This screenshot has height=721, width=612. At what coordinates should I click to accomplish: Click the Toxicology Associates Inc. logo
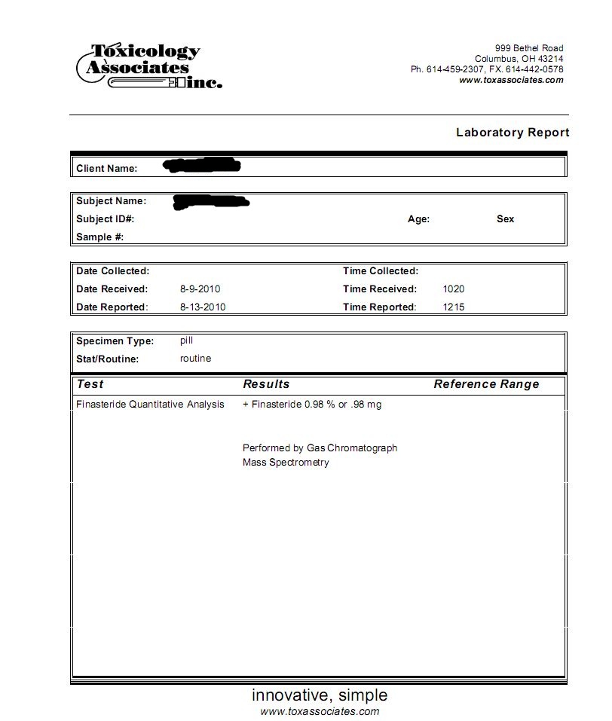tap(149, 66)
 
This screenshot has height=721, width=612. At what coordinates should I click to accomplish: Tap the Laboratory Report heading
tap(512, 133)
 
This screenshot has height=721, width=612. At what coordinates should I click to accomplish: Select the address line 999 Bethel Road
tap(528, 48)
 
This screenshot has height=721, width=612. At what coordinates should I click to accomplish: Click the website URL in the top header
tap(511, 80)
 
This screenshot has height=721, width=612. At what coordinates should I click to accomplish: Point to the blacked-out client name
tap(201, 164)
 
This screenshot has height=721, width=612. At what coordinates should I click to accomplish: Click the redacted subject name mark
tap(211, 201)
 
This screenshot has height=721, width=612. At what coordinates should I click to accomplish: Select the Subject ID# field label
tap(105, 219)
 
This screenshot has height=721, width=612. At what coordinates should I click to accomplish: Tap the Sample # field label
tap(99, 237)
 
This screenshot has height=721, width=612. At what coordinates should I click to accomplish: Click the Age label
tap(418, 219)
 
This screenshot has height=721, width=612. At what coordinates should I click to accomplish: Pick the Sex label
tap(505, 219)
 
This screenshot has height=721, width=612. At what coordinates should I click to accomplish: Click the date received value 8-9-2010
tap(200, 289)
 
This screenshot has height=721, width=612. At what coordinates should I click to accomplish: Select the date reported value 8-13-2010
tap(203, 307)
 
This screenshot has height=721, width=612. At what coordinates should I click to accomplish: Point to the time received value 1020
tap(454, 289)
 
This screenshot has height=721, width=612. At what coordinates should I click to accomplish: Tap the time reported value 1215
tap(454, 307)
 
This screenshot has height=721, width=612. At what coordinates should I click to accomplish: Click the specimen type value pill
tap(186, 341)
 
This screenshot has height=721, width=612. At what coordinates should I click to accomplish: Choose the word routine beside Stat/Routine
tap(195, 359)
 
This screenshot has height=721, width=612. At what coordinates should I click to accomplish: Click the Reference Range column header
tap(486, 384)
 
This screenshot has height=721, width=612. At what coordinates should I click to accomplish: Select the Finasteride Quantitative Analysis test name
tap(150, 405)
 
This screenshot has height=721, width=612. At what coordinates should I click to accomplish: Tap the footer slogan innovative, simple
tap(320, 695)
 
